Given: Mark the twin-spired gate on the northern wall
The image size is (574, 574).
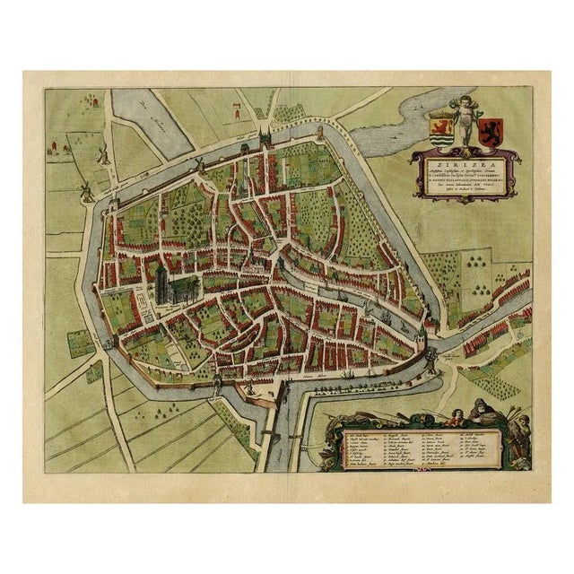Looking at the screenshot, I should pyautogui.click(x=265, y=139).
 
